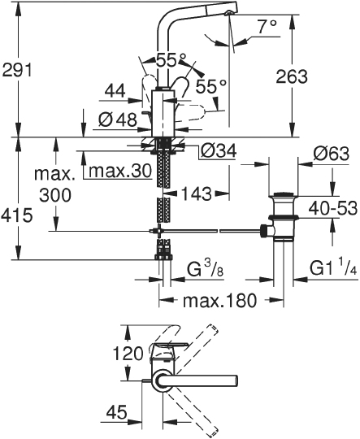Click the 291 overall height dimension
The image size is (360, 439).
point(17,70)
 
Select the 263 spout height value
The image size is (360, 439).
point(292,76)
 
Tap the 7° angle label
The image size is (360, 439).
point(267,28)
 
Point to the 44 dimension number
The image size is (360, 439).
point(115,91)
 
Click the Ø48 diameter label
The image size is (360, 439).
point(118,120)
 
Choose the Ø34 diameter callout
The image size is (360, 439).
point(219,151)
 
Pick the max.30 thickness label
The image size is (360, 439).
point(120,171)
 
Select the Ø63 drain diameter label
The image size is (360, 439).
point(332,154)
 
